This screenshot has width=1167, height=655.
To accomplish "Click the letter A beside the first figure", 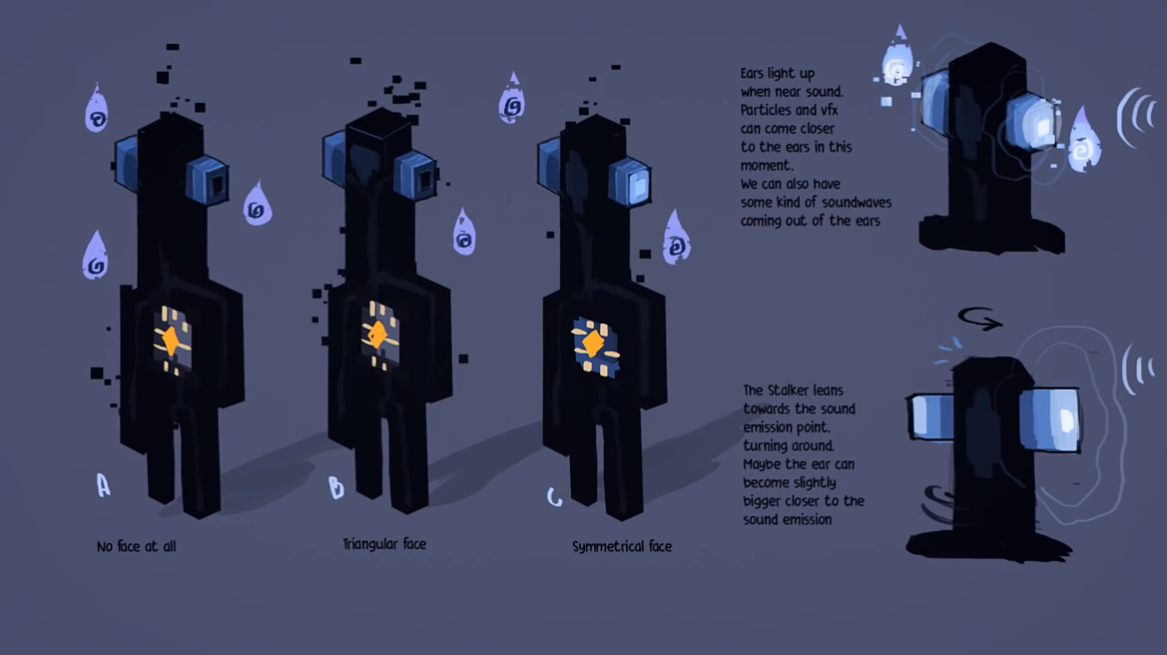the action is tap(103, 485).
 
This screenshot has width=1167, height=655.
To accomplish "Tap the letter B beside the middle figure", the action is tap(336, 487).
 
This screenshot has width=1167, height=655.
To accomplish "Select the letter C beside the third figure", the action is tap(554, 496).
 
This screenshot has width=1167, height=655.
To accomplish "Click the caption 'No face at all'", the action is tap(136, 546).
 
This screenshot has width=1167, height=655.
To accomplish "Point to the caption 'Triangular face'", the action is tap(384, 544).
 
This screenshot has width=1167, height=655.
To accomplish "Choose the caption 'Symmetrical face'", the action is tap(622, 546).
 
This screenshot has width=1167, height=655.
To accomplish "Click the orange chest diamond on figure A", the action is tap(171, 340).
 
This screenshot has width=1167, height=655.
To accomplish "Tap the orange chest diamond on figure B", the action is tap(378, 333).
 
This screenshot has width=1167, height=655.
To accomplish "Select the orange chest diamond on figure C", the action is tap(593, 343).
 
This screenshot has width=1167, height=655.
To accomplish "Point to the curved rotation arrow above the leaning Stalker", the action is tap(979, 319).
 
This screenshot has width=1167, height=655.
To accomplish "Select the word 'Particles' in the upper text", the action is tap(766, 110).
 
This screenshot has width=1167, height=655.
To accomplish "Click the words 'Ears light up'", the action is tap(778, 74).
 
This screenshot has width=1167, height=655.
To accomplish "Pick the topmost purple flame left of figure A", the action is tap(97, 110).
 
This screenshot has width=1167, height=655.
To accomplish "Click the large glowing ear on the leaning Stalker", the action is tap(1050, 419).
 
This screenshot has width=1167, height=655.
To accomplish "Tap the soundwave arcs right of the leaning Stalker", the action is tap(1137, 369).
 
